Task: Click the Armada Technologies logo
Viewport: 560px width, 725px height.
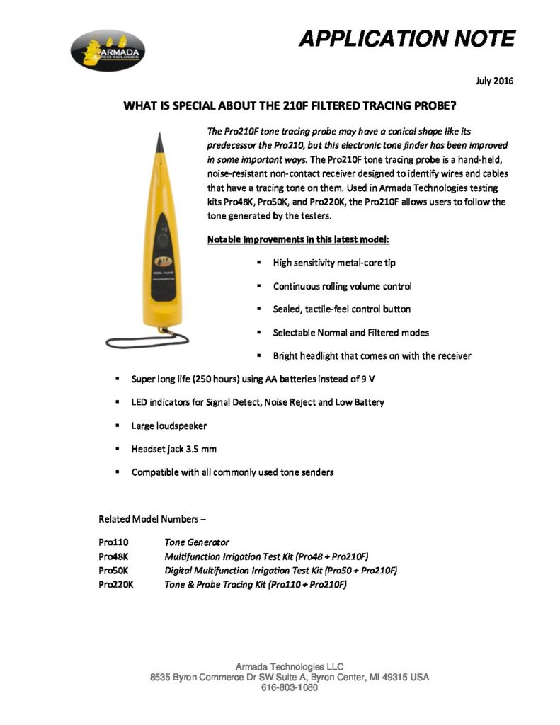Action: click(x=108, y=51)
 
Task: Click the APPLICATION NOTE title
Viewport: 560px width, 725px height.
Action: click(x=406, y=38)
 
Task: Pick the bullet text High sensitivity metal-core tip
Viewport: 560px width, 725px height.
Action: click(x=334, y=263)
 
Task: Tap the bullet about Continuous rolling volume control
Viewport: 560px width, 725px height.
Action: click(x=342, y=286)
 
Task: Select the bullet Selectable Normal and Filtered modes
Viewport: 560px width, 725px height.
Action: click(x=350, y=332)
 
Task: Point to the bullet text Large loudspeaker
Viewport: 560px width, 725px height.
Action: click(x=169, y=426)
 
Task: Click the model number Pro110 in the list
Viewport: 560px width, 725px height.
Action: click(x=113, y=542)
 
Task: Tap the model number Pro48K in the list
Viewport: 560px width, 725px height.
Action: click(x=114, y=556)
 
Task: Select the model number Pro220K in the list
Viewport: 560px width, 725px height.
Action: click(x=116, y=584)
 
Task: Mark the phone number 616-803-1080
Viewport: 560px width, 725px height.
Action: click(x=290, y=687)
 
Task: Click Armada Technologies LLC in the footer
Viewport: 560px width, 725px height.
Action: click(x=289, y=666)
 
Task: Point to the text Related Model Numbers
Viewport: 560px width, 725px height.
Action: click(x=152, y=518)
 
